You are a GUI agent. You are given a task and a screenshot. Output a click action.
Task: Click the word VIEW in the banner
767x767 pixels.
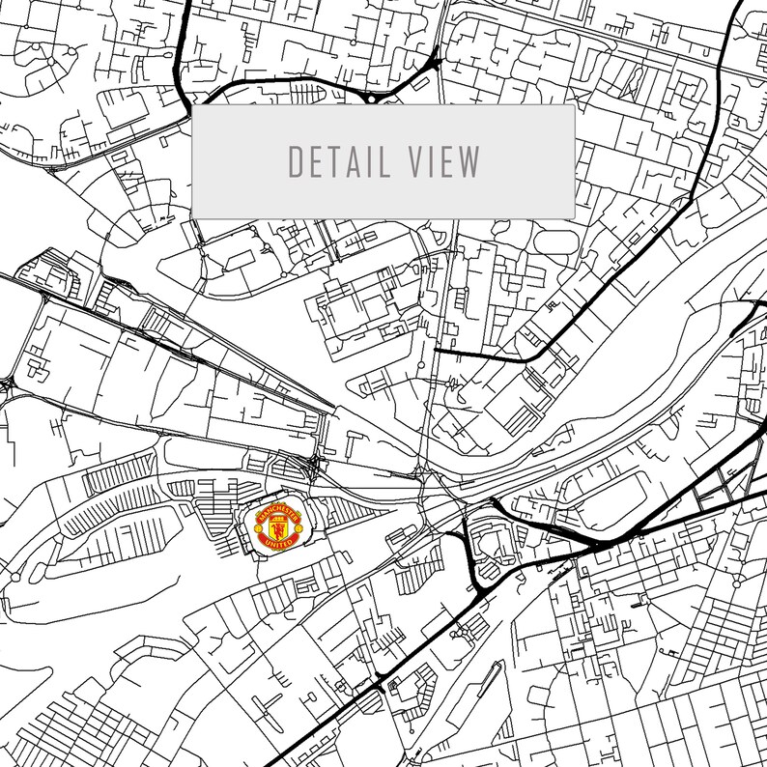click(445, 162)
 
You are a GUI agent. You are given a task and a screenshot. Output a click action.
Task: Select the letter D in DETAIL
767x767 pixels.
click(297, 162)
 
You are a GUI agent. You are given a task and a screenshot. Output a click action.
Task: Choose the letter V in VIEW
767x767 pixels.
click(413, 162)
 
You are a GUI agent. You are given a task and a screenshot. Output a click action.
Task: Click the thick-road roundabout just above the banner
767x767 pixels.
click(370, 99)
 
